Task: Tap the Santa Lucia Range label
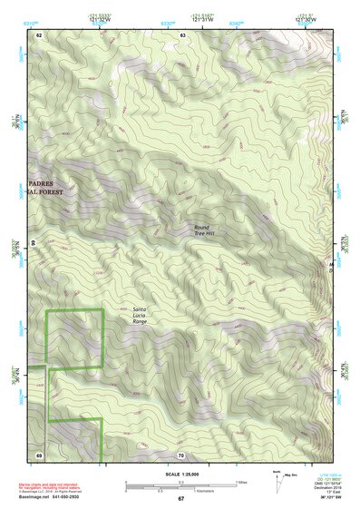pos(140,315)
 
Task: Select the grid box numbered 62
pos(40,34)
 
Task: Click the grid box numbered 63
pos(182,34)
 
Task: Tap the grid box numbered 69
pos(40,454)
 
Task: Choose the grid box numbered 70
pos(181,454)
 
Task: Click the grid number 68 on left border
pos(34,244)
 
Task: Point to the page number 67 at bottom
pos(180,498)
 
